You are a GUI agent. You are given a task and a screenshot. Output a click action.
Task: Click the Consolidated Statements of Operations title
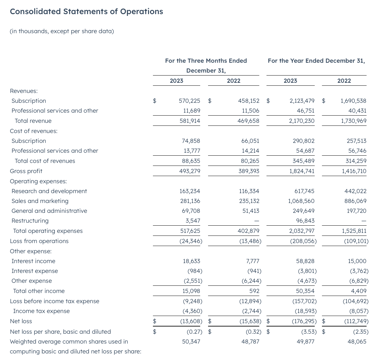(x=86, y=11)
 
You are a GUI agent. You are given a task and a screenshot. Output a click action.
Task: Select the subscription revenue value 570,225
(x=189, y=101)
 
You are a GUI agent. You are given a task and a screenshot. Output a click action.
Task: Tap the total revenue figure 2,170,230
(x=302, y=121)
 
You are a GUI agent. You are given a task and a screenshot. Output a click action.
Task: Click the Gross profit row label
(x=26, y=171)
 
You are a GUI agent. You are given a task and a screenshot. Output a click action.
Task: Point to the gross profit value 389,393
(x=249, y=171)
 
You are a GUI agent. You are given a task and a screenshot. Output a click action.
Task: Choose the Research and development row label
(x=49, y=191)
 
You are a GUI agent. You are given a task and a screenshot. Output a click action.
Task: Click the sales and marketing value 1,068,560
(x=301, y=201)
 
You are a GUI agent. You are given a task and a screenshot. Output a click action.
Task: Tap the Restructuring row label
(x=30, y=221)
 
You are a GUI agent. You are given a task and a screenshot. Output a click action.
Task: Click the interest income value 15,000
(x=357, y=261)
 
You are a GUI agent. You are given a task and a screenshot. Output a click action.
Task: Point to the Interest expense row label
(x=35, y=271)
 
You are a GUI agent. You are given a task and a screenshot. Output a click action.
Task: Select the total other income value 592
(x=254, y=291)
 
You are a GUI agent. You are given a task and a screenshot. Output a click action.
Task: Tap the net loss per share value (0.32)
(x=253, y=332)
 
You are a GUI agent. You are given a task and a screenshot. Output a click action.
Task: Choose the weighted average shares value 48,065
(x=357, y=342)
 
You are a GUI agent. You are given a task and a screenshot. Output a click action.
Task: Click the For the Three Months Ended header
(x=206, y=61)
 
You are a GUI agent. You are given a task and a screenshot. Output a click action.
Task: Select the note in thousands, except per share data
(x=62, y=31)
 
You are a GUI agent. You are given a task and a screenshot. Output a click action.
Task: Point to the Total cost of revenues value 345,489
(x=302, y=161)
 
